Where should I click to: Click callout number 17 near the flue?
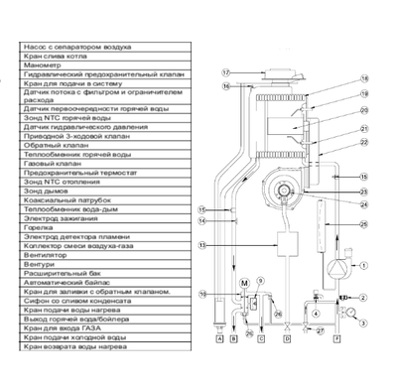225,73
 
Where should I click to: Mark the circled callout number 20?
364,110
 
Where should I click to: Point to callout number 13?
202,245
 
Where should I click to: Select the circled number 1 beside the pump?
363,265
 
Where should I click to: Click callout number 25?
364,226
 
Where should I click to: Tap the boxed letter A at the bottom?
219,339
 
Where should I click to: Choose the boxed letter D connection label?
288,339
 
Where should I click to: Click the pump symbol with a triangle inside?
339,265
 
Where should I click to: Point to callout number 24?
364,205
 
